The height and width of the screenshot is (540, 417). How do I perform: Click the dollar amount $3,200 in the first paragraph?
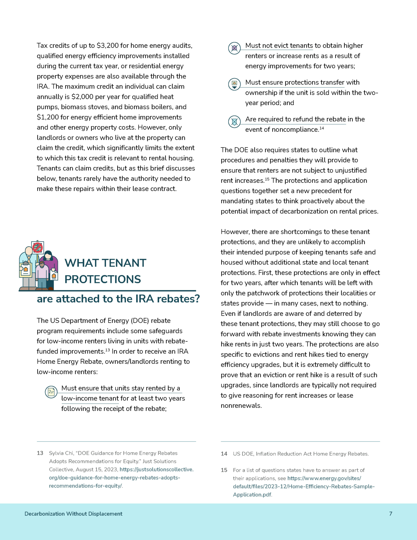pyautogui.click(x=107, y=46)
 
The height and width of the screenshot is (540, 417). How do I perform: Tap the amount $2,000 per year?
pyautogui.click(x=82, y=97)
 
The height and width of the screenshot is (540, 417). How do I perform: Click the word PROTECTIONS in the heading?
pyautogui.click(x=103, y=279)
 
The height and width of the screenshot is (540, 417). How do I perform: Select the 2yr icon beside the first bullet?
pyautogui.click(x=51, y=392)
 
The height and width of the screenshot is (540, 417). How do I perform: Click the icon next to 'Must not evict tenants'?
pyautogui.click(x=234, y=48)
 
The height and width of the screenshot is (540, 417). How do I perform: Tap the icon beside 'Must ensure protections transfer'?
pyautogui.click(x=234, y=84)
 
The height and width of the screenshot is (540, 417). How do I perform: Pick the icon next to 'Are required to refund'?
pyautogui.click(x=234, y=122)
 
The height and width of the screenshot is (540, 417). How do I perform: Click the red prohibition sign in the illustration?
pyautogui.click(x=38, y=247)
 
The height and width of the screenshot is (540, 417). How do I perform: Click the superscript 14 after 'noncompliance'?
pyautogui.click(x=322, y=128)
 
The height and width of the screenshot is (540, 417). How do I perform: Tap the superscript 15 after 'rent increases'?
pyautogui.click(x=267, y=179)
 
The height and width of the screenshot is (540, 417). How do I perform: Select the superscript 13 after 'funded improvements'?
pyautogui.click(x=107, y=350)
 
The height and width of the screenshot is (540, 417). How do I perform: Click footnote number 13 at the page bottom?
pyautogui.click(x=40, y=453)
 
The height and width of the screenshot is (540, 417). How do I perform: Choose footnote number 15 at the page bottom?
pyautogui.click(x=224, y=470)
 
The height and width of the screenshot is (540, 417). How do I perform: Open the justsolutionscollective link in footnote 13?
pyautogui.click(x=157, y=470)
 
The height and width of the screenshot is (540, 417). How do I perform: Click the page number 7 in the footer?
pyautogui.click(x=391, y=514)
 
